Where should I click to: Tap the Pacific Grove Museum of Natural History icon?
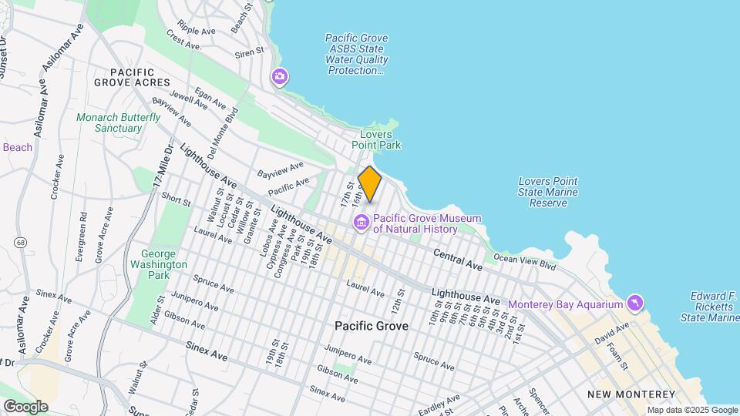pyautogui.click(x=360, y=223)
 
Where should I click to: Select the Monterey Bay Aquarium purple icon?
pyautogui.click(x=634, y=304)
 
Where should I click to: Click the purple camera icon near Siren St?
pyautogui.click(x=279, y=76)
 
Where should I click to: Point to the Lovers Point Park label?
pyautogui.click(x=376, y=139)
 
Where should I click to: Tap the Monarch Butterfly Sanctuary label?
pyautogui.click(x=119, y=123)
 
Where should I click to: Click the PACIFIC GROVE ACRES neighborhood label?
pyautogui.click(x=132, y=76)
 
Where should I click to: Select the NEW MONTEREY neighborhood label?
pyautogui.click(x=626, y=394)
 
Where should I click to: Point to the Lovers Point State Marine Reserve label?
pyautogui.click(x=549, y=192)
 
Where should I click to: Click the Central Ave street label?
pyautogui.click(x=458, y=260)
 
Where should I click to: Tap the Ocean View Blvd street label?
pyautogui.click(x=524, y=263)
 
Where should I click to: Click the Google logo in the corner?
pyautogui.click(x=25, y=406)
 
